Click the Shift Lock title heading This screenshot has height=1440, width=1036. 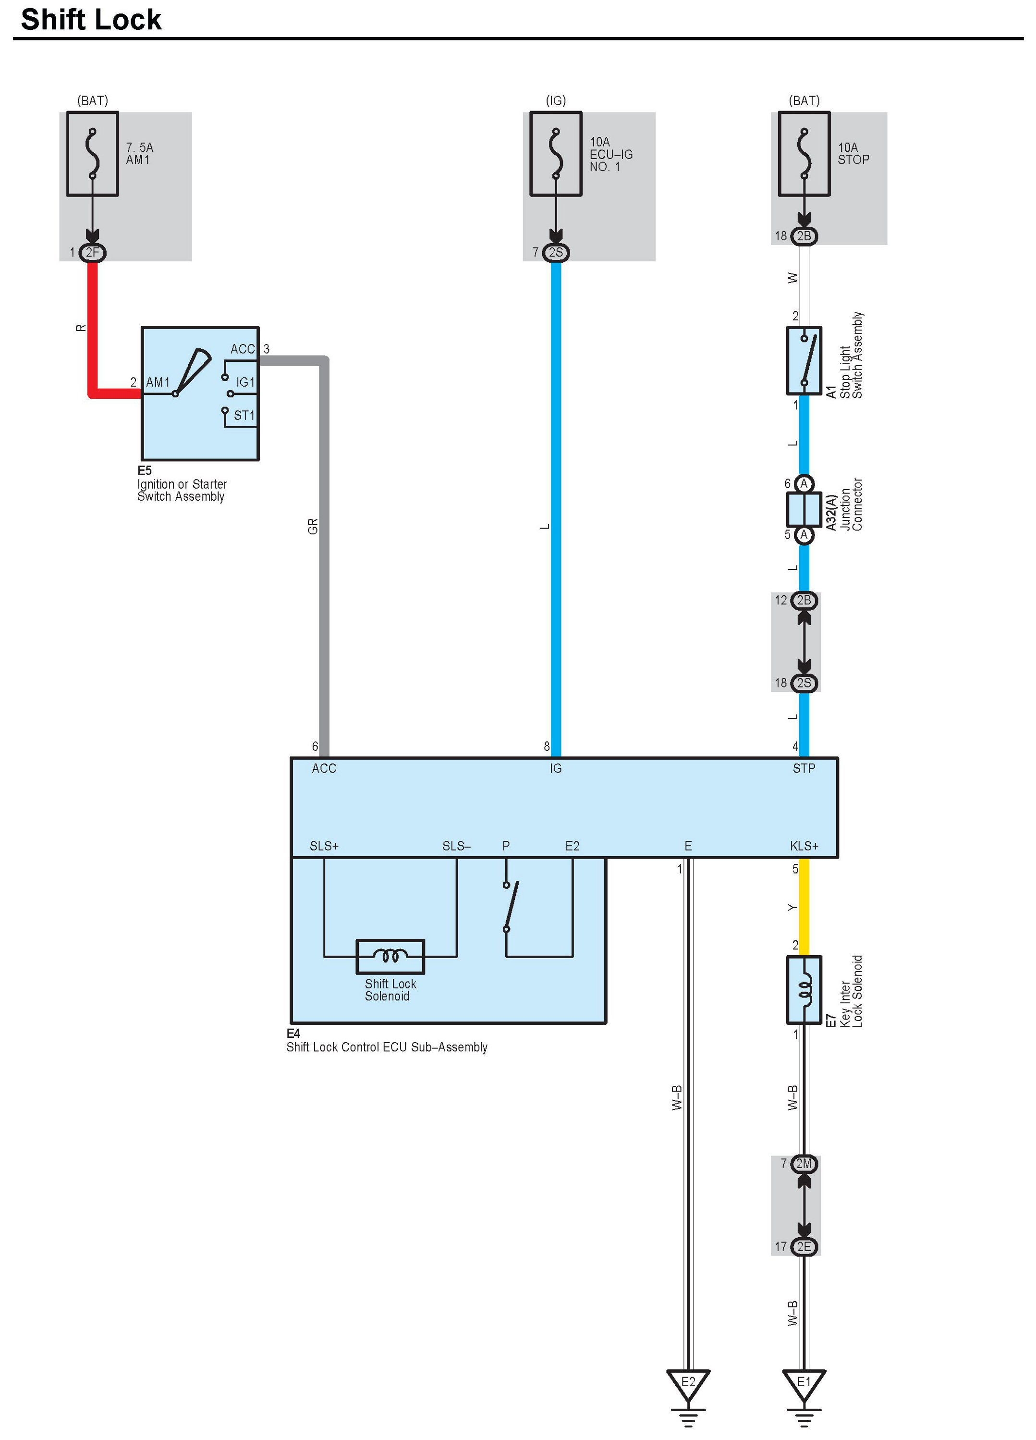click(x=91, y=20)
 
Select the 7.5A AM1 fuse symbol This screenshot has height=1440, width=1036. click(x=93, y=154)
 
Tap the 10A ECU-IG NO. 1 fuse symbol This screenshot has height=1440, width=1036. click(x=556, y=154)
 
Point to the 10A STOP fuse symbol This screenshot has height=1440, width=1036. click(x=804, y=154)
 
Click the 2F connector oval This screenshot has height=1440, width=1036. click(x=93, y=253)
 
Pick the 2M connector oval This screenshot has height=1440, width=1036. click(x=804, y=1164)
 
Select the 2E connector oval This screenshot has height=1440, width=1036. click(x=804, y=1246)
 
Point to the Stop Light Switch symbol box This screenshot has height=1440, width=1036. click(x=804, y=361)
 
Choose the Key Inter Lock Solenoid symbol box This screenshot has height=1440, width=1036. click(x=804, y=990)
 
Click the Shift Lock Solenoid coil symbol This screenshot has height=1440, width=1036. click(x=390, y=956)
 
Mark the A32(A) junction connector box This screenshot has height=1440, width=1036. click(x=804, y=509)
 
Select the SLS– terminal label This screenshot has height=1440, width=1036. click(x=456, y=846)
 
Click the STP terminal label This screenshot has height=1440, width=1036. click(x=804, y=768)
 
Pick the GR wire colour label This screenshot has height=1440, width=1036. click(x=312, y=526)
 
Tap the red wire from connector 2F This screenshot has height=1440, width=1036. click(x=93, y=330)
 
